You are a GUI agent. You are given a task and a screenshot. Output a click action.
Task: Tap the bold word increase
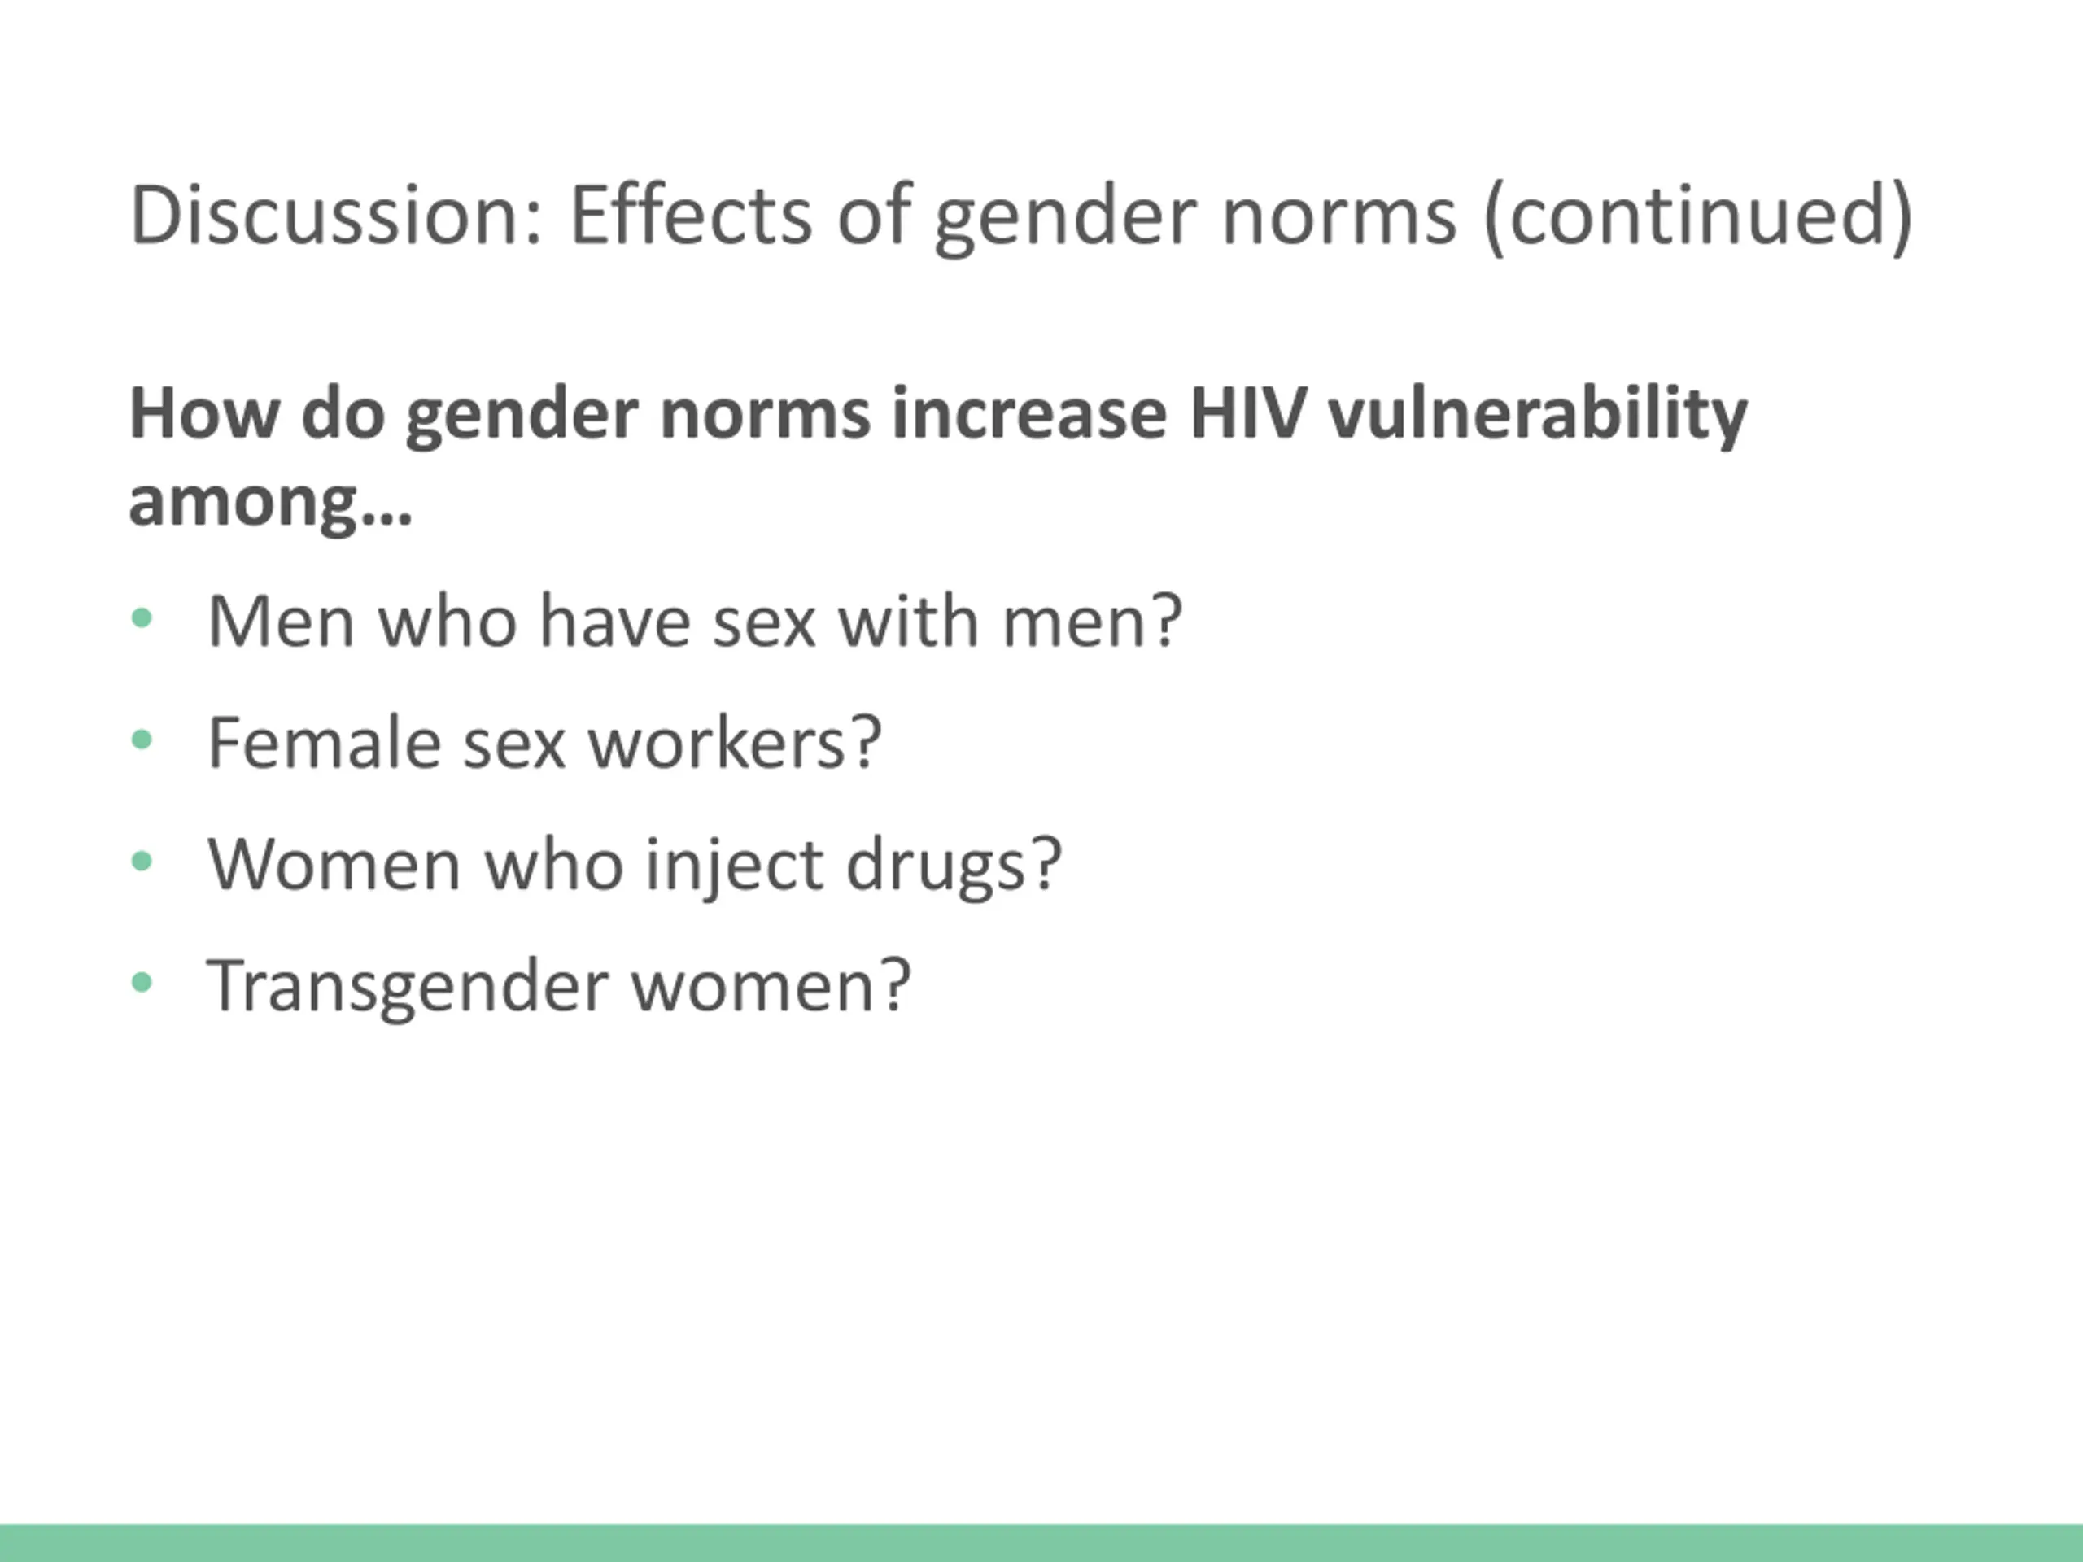tap(1029, 414)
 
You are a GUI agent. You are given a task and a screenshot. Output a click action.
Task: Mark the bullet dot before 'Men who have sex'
tap(142, 618)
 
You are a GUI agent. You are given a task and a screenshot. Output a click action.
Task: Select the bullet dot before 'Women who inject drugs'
tap(142, 861)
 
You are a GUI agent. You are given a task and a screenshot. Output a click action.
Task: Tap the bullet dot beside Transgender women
tap(142, 983)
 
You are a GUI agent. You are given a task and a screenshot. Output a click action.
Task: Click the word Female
tap(324, 743)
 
